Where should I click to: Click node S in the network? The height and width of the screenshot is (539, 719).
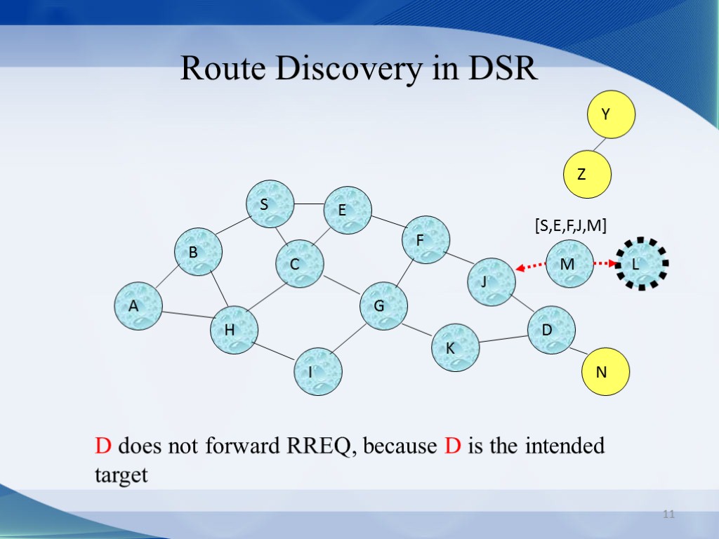270,204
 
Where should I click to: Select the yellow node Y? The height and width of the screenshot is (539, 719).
611,114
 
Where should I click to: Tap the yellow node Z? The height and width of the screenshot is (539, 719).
588,174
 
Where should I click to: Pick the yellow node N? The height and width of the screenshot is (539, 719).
607,371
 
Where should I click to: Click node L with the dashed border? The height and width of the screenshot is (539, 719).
640,265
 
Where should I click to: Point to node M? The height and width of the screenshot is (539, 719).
569,264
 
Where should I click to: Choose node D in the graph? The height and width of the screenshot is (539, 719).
551,329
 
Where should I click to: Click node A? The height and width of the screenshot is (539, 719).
138,306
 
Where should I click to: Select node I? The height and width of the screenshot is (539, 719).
318,372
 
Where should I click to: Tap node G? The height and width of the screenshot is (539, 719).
383,306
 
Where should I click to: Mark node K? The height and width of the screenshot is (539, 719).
455,347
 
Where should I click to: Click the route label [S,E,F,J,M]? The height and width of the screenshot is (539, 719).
570,225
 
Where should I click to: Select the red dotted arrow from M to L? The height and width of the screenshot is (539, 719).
605,264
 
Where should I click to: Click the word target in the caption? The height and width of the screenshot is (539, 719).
121,475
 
